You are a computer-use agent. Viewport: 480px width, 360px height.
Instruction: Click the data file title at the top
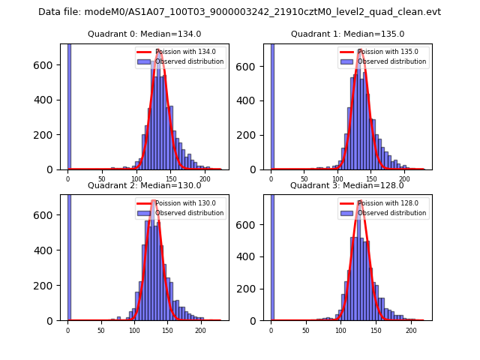[x=239, y=12]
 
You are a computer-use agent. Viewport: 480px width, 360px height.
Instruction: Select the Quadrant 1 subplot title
[x=347, y=34]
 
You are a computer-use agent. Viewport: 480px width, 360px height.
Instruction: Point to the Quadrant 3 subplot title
[x=347, y=185]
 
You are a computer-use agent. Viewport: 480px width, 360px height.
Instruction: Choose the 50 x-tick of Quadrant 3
[x=305, y=330]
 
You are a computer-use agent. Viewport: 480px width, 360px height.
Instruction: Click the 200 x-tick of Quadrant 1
[x=404, y=179]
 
